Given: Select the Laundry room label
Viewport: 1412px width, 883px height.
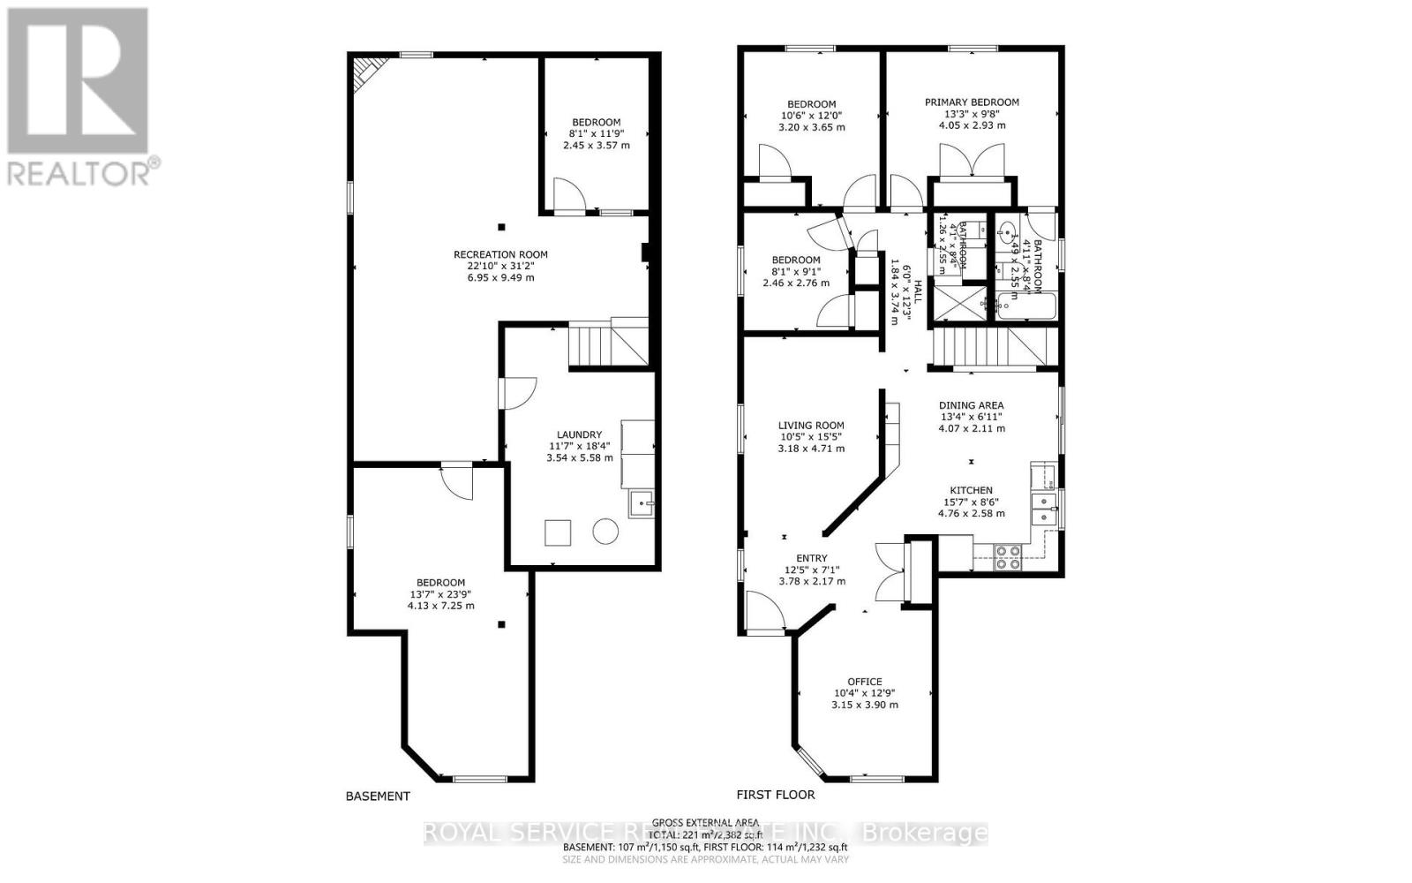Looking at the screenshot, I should click(580, 434).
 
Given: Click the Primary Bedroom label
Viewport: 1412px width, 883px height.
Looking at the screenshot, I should click(972, 102).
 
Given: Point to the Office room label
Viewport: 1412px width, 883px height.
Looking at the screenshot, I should click(864, 682).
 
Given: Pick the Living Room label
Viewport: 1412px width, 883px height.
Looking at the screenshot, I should click(811, 426).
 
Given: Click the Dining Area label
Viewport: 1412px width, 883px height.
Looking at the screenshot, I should click(972, 405).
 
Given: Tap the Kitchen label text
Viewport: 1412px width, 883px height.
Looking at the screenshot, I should click(971, 490).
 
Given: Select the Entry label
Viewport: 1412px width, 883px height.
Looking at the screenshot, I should click(812, 558).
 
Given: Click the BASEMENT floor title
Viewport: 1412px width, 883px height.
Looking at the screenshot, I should click(378, 796).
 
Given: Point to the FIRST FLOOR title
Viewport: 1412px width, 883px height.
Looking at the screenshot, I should click(776, 794).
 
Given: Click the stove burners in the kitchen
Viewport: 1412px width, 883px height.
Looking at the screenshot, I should click(1008, 555).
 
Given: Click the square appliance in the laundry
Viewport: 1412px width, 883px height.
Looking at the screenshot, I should click(558, 533).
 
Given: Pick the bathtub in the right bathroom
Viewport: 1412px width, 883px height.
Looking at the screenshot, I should click(1024, 306).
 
